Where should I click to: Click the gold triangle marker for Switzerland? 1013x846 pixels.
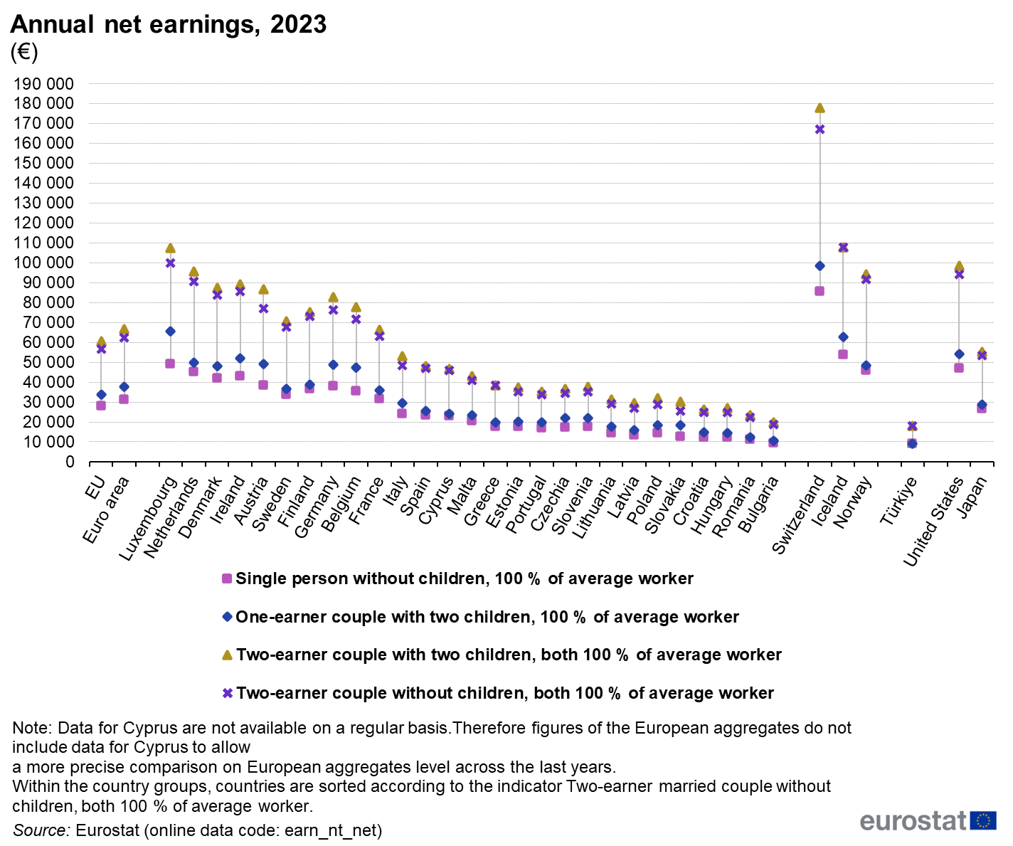[820, 107]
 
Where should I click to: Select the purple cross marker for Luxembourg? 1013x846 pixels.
[170, 263]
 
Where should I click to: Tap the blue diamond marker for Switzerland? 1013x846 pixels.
[820, 265]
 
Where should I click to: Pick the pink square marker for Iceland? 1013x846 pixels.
[843, 354]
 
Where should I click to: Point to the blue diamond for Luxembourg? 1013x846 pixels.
[170, 332]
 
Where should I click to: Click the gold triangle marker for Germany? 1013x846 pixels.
[333, 297]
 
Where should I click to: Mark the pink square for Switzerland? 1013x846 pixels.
[820, 291]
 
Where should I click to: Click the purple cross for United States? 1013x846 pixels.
[959, 275]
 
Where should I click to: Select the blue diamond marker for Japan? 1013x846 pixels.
[982, 404]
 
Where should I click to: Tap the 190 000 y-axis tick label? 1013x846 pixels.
[43, 84]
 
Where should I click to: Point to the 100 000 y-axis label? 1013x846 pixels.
[43, 263]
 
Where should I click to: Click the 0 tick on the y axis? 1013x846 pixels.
[70, 462]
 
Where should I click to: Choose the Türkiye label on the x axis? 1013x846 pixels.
[899, 500]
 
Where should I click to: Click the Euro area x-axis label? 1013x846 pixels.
[106, 509]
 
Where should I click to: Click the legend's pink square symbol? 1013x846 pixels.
[226, 578]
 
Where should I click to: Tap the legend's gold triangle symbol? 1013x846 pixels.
[227, 655]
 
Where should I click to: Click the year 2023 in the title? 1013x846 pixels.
[298, 24]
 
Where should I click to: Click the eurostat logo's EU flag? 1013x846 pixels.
[983, 820]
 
